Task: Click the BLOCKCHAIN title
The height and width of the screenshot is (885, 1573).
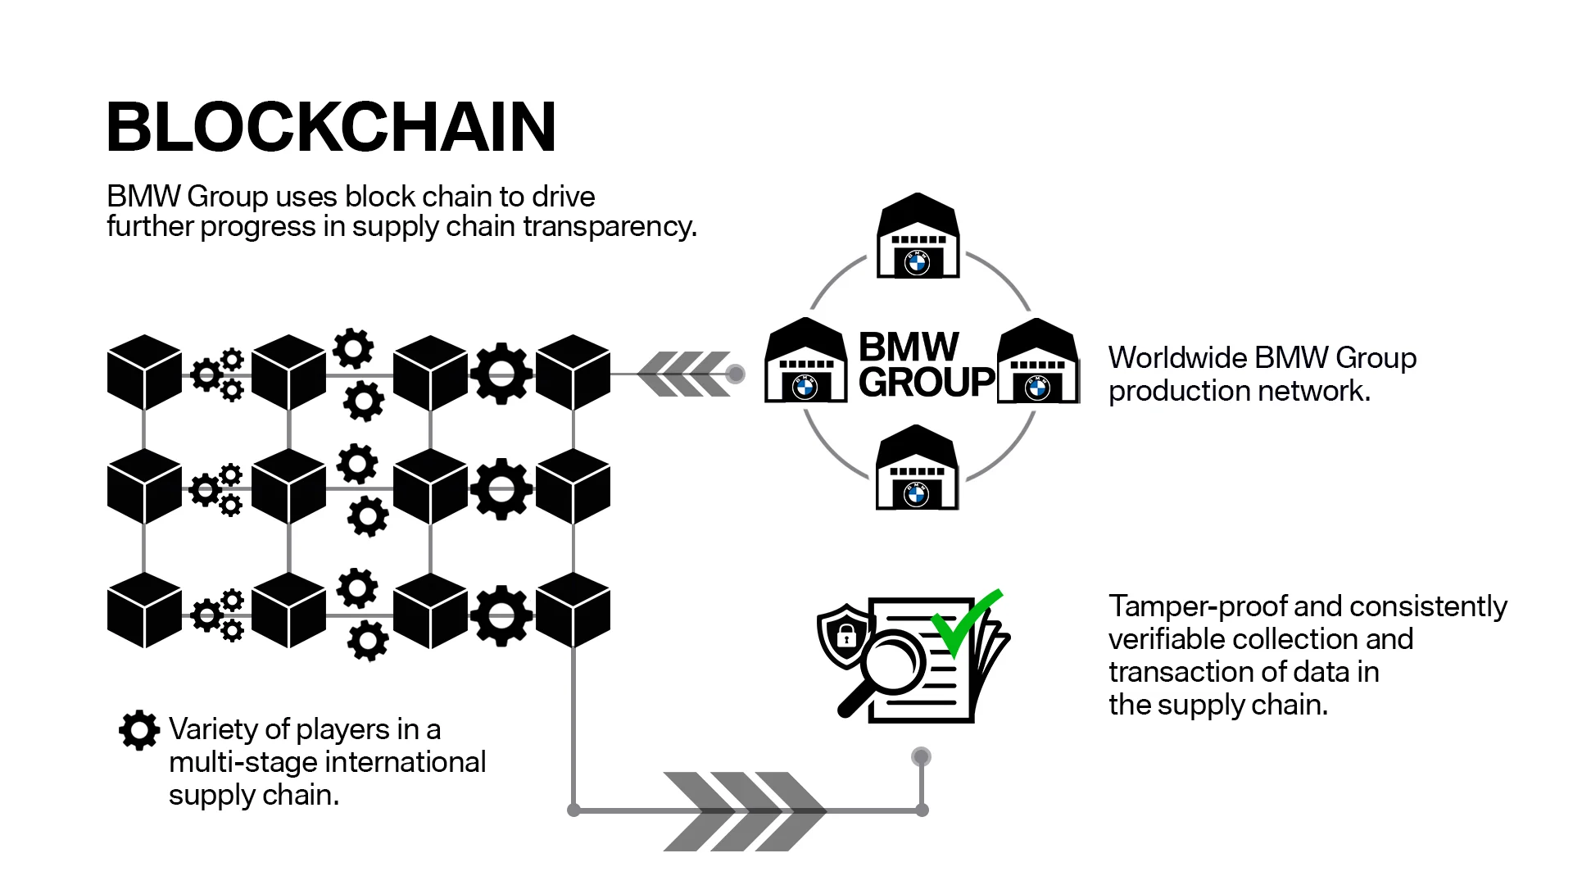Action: point(331,127)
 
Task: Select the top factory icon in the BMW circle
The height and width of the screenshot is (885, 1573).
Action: point(918,238)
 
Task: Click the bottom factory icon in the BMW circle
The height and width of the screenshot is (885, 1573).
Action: point(916,469)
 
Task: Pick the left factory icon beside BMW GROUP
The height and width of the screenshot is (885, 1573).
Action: point(805,362)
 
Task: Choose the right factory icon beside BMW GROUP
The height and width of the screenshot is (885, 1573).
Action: point(1037,362)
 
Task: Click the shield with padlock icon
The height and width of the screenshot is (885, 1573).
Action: point(844,634)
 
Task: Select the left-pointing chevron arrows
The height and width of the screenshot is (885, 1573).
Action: point(683,374)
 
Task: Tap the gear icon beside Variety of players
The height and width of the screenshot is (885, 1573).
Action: point(139,729)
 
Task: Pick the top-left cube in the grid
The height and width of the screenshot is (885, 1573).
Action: point(144,373)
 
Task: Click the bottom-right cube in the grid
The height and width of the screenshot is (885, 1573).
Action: point(573,610)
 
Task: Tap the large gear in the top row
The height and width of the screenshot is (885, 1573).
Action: point(501,374)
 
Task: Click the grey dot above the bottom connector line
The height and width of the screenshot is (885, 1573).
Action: point(921,756)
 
